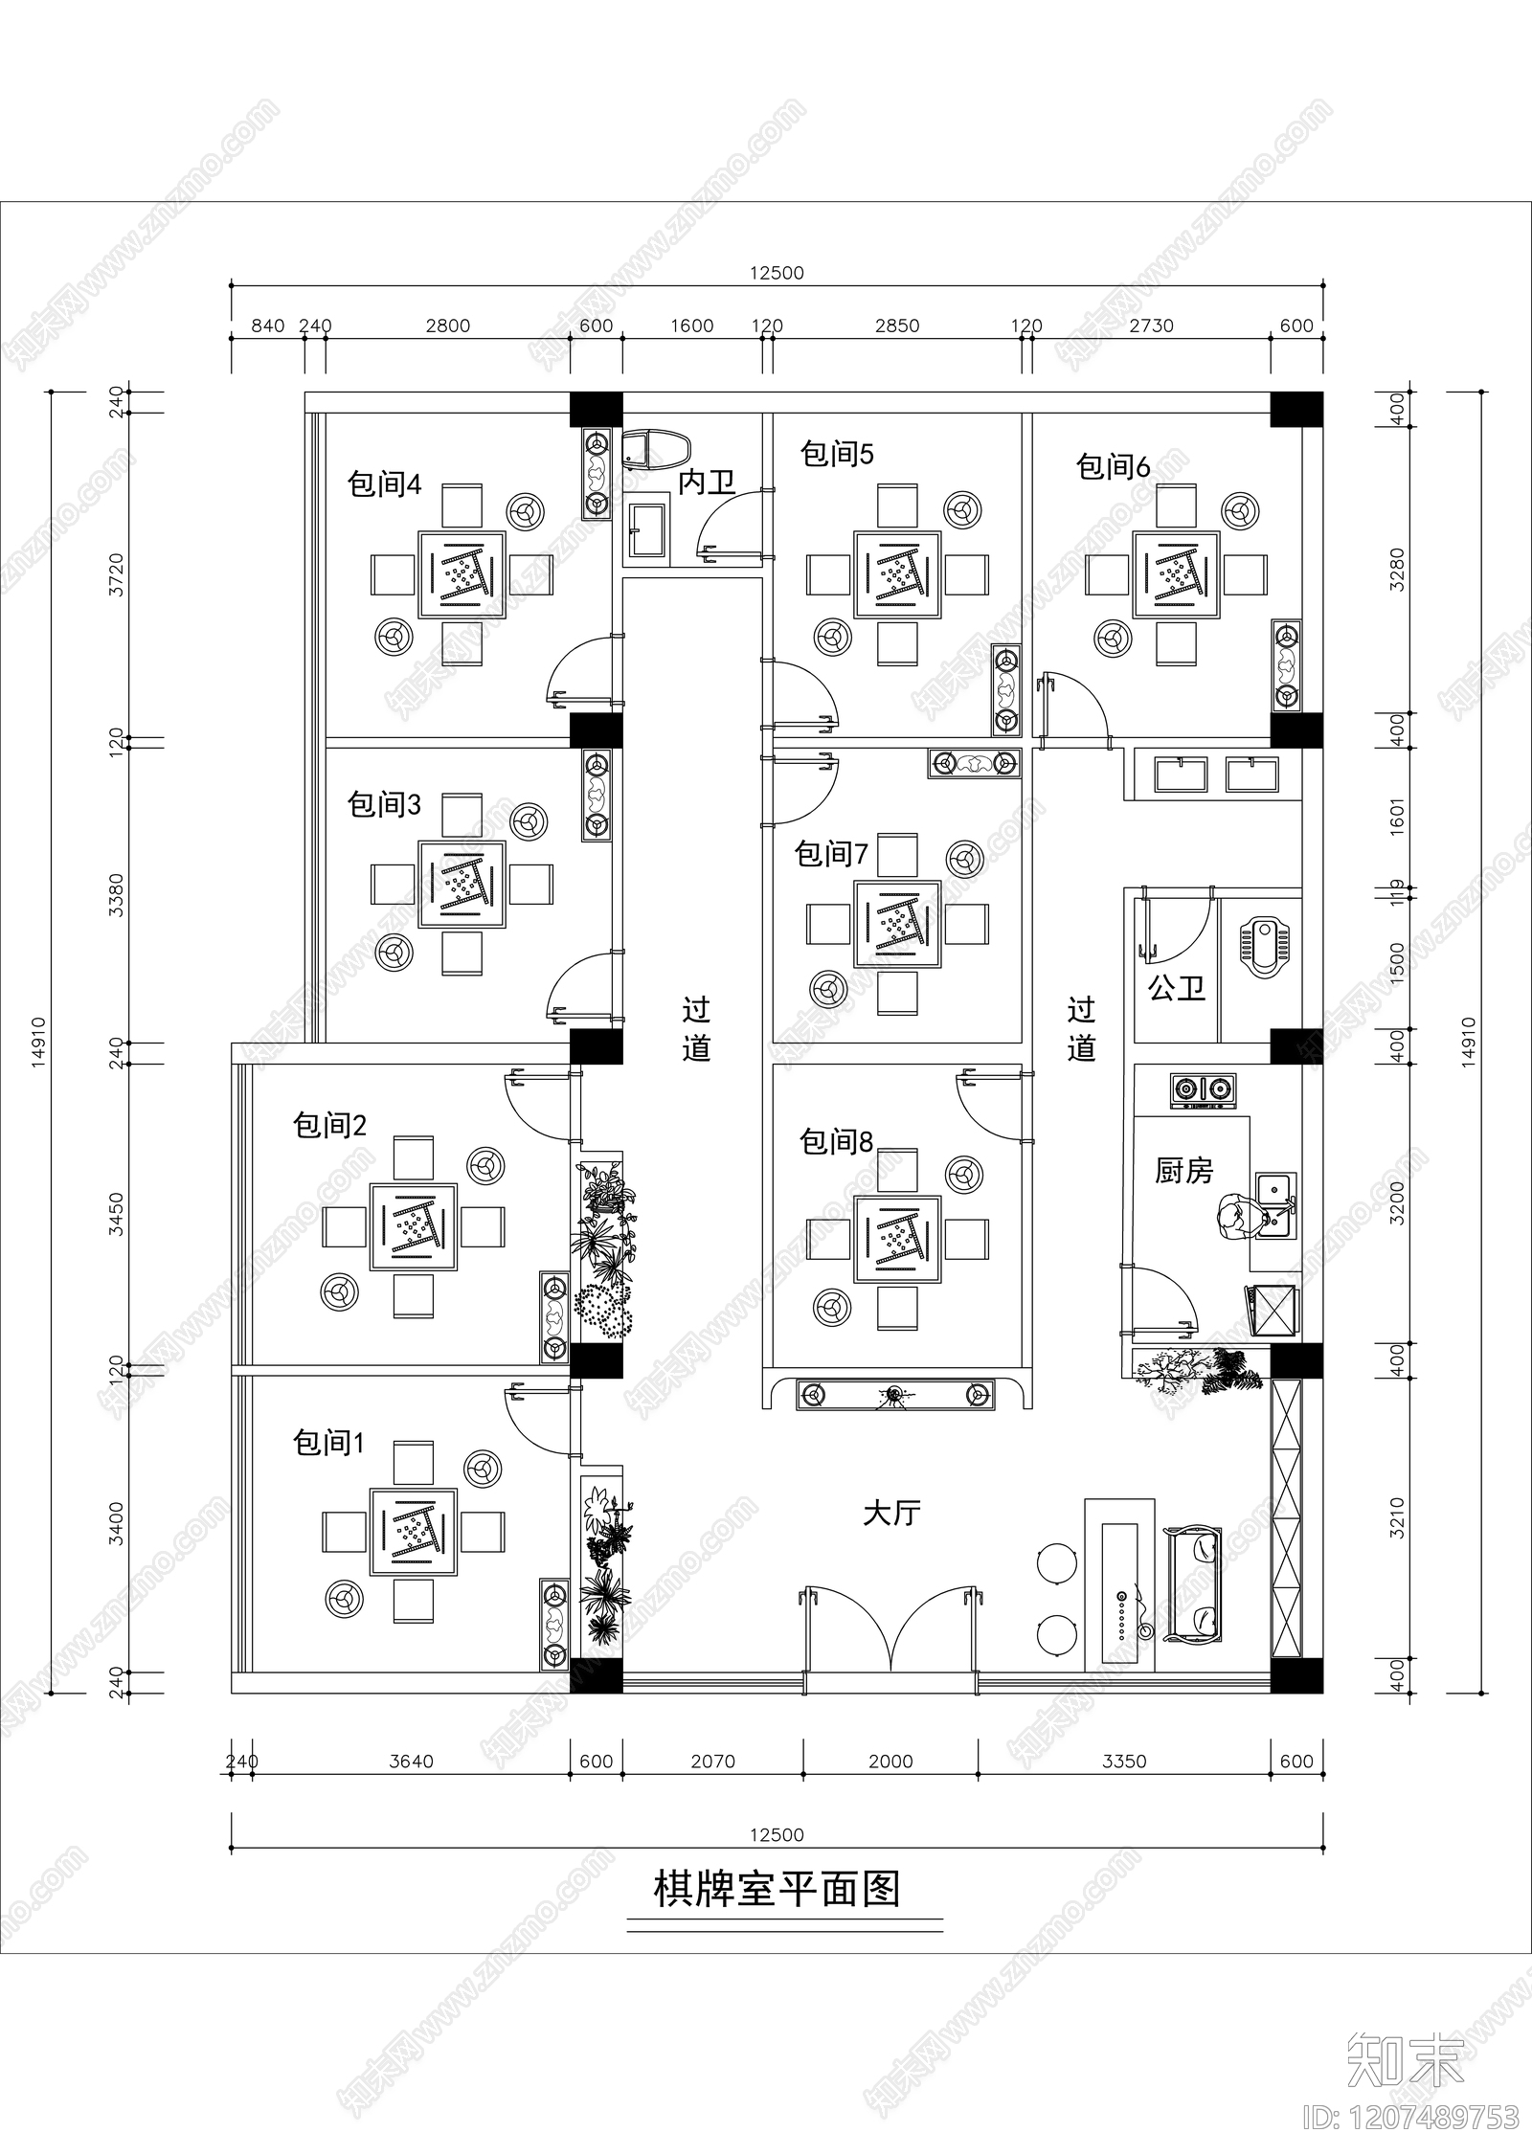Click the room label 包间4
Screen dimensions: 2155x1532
tap(384, 485)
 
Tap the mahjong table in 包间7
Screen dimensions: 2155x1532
tap(897, 925)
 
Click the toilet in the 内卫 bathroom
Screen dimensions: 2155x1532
tap(657, 448)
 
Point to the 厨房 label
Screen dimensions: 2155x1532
tap(1183, 1171)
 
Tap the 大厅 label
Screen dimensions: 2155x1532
tap(891, 1514)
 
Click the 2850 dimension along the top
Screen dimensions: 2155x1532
tap(897, 325)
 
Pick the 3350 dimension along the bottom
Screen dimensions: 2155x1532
tap(1124, 1761)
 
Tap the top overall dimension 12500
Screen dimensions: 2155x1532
tap(777, 273)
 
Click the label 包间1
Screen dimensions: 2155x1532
tap(329, 1443)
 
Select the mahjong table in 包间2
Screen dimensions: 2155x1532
tap(414, 1226)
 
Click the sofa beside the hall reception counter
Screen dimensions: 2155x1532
tap(1192, 1584)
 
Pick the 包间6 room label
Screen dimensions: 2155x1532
tap(1113, 467)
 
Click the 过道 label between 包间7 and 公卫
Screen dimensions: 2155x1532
tap(1081, 1029)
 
